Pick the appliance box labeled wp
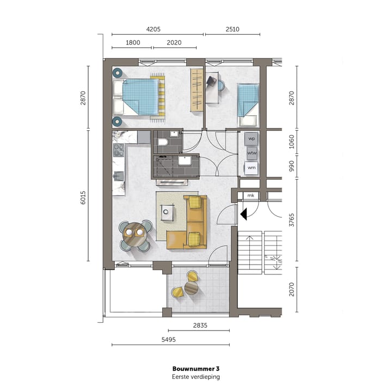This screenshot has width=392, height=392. point(252,139)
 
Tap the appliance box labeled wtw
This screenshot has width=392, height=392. point(252,154)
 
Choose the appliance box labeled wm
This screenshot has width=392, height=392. point(252,168)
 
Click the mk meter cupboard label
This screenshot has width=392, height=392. point(250,195)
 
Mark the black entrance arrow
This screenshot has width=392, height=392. point(244,215)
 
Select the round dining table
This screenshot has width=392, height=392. point(134,235)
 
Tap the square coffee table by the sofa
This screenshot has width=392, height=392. point(169,211)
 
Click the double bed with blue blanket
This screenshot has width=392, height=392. point(139,97)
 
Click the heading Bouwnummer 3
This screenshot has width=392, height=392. point(195,369)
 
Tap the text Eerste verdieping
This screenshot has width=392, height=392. point(195,376)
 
